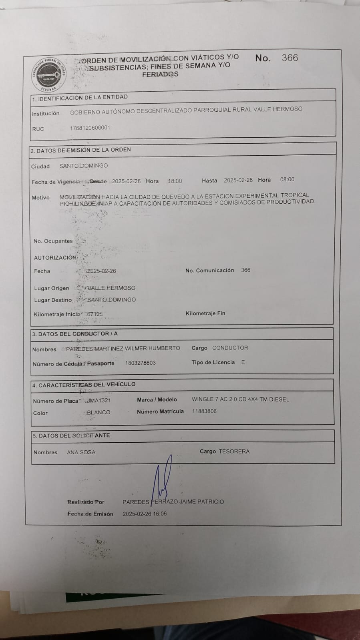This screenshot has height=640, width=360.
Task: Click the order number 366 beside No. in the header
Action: (x=290, y=58)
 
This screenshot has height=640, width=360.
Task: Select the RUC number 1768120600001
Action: (x=90, y=128)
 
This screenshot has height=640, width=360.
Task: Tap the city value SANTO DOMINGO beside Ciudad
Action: (x=83, y=166)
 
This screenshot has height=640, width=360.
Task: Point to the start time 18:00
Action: (x=175, y=181)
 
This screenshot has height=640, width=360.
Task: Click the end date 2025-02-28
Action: (x=238, y=180)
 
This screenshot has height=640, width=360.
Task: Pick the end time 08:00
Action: (x=287, y=180)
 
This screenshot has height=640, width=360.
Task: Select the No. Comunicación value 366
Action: (x=245, y=270)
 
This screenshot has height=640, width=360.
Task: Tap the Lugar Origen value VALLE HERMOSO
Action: (x=111, y=288)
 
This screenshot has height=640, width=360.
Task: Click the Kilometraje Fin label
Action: (x=205, y=313)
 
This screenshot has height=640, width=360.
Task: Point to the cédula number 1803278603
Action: (x=140, y=363)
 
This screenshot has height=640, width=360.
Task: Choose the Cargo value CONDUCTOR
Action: (x=230, y=348)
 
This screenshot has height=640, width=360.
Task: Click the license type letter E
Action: (x=243, y=362)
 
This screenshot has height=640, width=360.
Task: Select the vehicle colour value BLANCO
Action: (x=99, y=412)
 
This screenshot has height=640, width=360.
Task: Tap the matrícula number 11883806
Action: (x=204, y=411)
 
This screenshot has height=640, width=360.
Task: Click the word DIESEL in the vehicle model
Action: (x=279, y=399)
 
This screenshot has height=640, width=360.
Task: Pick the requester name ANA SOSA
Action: (x=81, y=452)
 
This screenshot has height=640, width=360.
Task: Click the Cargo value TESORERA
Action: (x=234, y=451)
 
